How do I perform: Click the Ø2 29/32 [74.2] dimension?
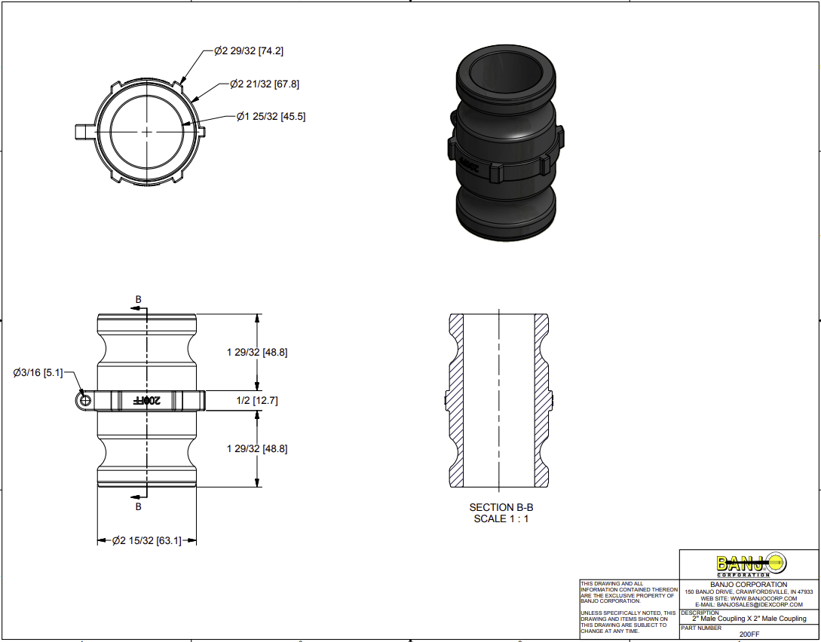pyautogui.click(x=249, y=51)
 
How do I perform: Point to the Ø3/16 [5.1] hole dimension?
pyautogui.click(x=38, y=372)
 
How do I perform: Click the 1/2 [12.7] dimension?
pyautogui.click(x=257, y=401)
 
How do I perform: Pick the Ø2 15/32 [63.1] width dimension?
pyautogui.click(x=147, y=540)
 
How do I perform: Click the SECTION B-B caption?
pyautogui.click(x=501, y=507)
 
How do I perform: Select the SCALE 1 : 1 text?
pyautogui.click(x=501, y=518)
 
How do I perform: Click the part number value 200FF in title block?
pyautogui.click(x=749, y=634)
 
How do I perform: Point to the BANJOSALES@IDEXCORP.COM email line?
pyautogui.click(x=749, y=605)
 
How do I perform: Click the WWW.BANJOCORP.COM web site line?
pyautogui.click(x=749, y=598)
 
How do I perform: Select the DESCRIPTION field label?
pyautogui.click(x=700, y=613)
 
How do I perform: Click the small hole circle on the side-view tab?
pyautogui.click(x=85, y=400)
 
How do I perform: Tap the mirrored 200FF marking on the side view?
pyautogui.click(x=149, y=400)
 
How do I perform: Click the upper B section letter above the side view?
pyautogui.click(x=138, y=300)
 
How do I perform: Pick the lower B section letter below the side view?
pyautogui.click(x=138, y=506)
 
